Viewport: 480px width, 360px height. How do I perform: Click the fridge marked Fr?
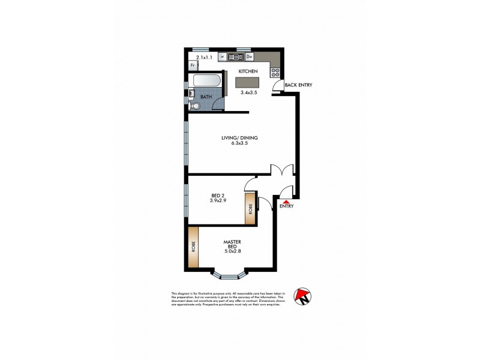coord(193,66)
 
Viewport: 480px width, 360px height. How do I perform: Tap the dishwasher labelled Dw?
coord(249,57)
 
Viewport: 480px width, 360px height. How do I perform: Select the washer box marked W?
coord(223,57)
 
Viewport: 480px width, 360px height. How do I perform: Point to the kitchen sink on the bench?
coord(235,57)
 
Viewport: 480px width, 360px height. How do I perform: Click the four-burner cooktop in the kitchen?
coord(275,71)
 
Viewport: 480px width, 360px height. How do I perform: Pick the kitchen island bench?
coord(248,83)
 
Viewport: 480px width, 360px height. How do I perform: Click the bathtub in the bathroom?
coord(206,82)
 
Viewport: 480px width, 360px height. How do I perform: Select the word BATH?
coord(206,97)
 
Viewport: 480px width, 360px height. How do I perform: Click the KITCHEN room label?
coord(248,71)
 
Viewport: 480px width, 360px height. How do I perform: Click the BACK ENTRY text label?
coord(298,85)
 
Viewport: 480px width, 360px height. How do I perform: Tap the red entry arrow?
coord(286,202)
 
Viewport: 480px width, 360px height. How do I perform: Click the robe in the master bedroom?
coord(193,248)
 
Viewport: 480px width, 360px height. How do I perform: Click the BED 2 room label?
coord(218,195)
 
